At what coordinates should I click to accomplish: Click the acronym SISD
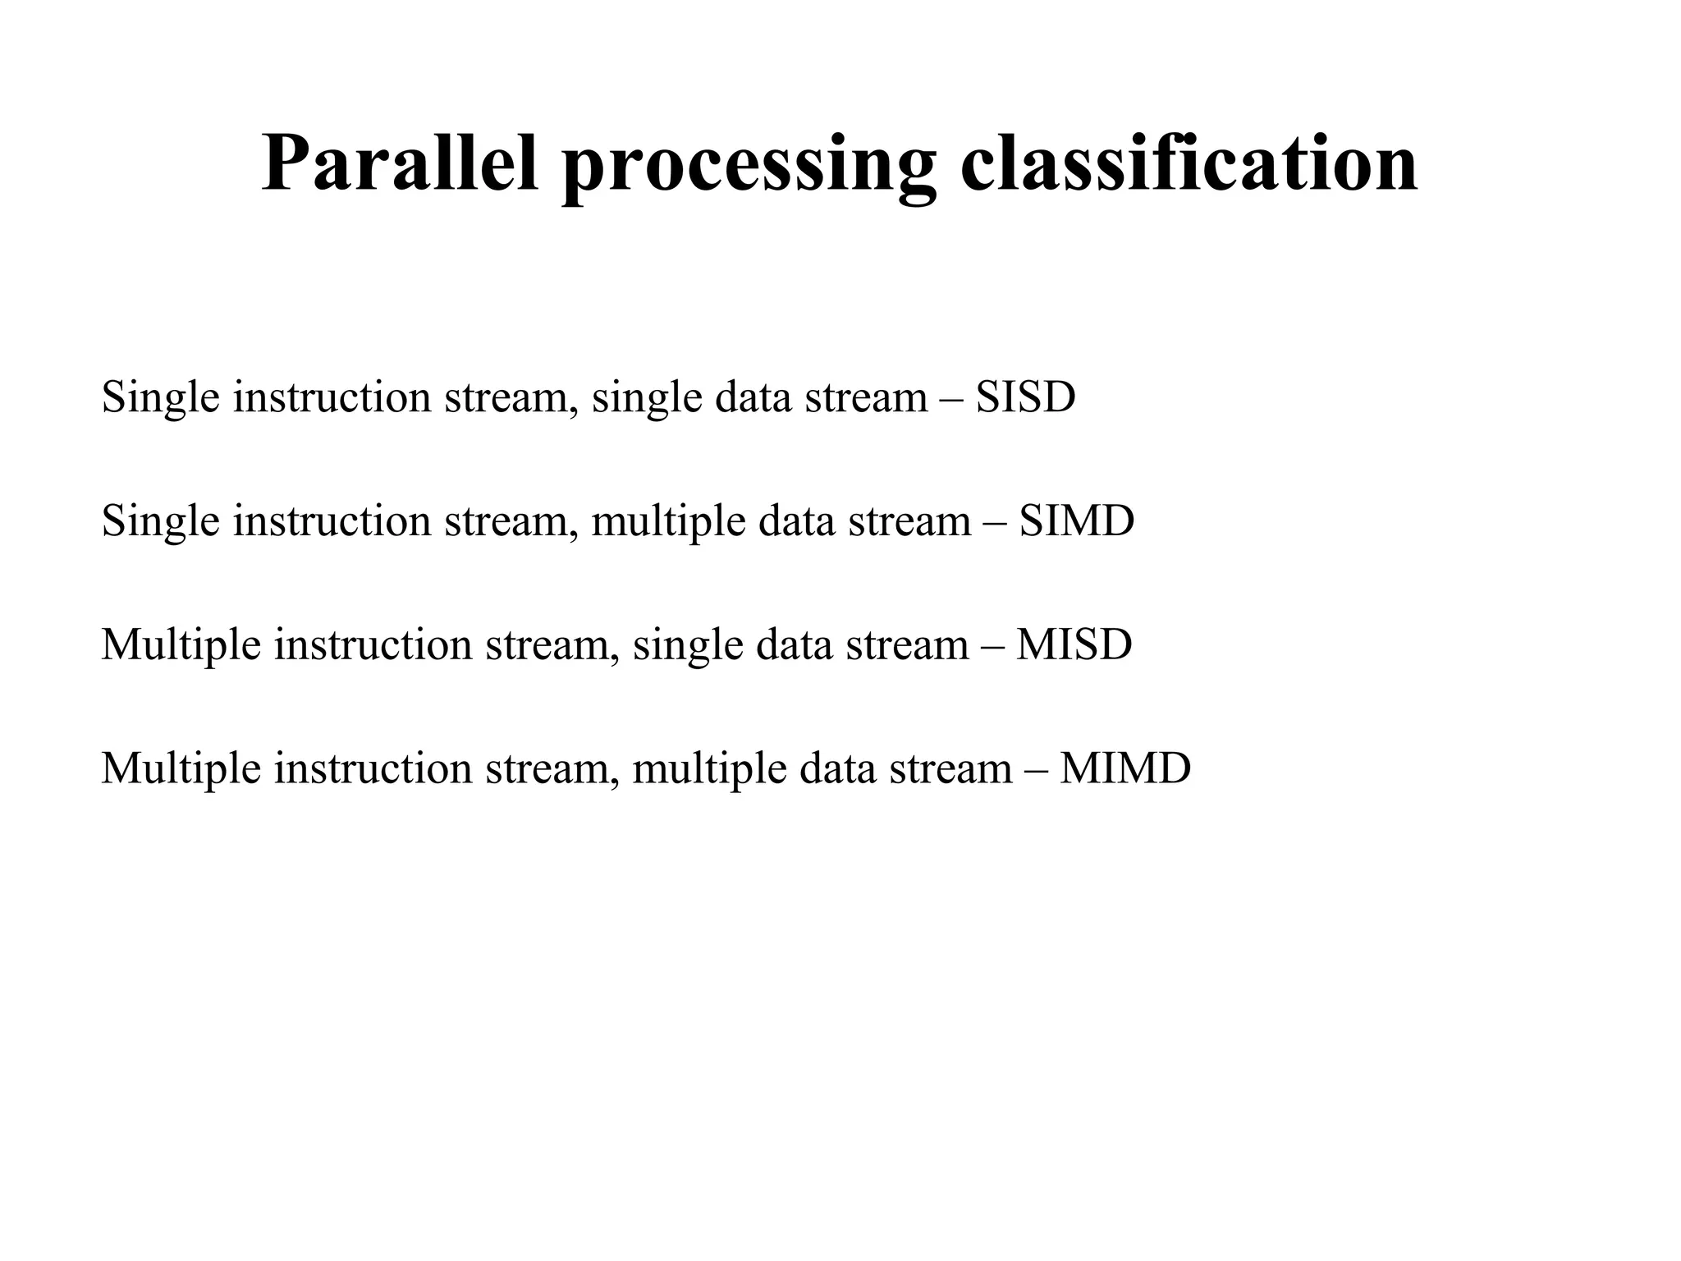click(1025, 397)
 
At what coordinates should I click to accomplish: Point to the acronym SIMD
click(1076, 521)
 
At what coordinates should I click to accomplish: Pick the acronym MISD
click(1074, 644)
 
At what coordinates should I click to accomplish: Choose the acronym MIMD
click(1124, 768)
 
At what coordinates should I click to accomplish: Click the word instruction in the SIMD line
click(332, 522)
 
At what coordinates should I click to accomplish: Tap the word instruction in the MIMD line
click(373, 769)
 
